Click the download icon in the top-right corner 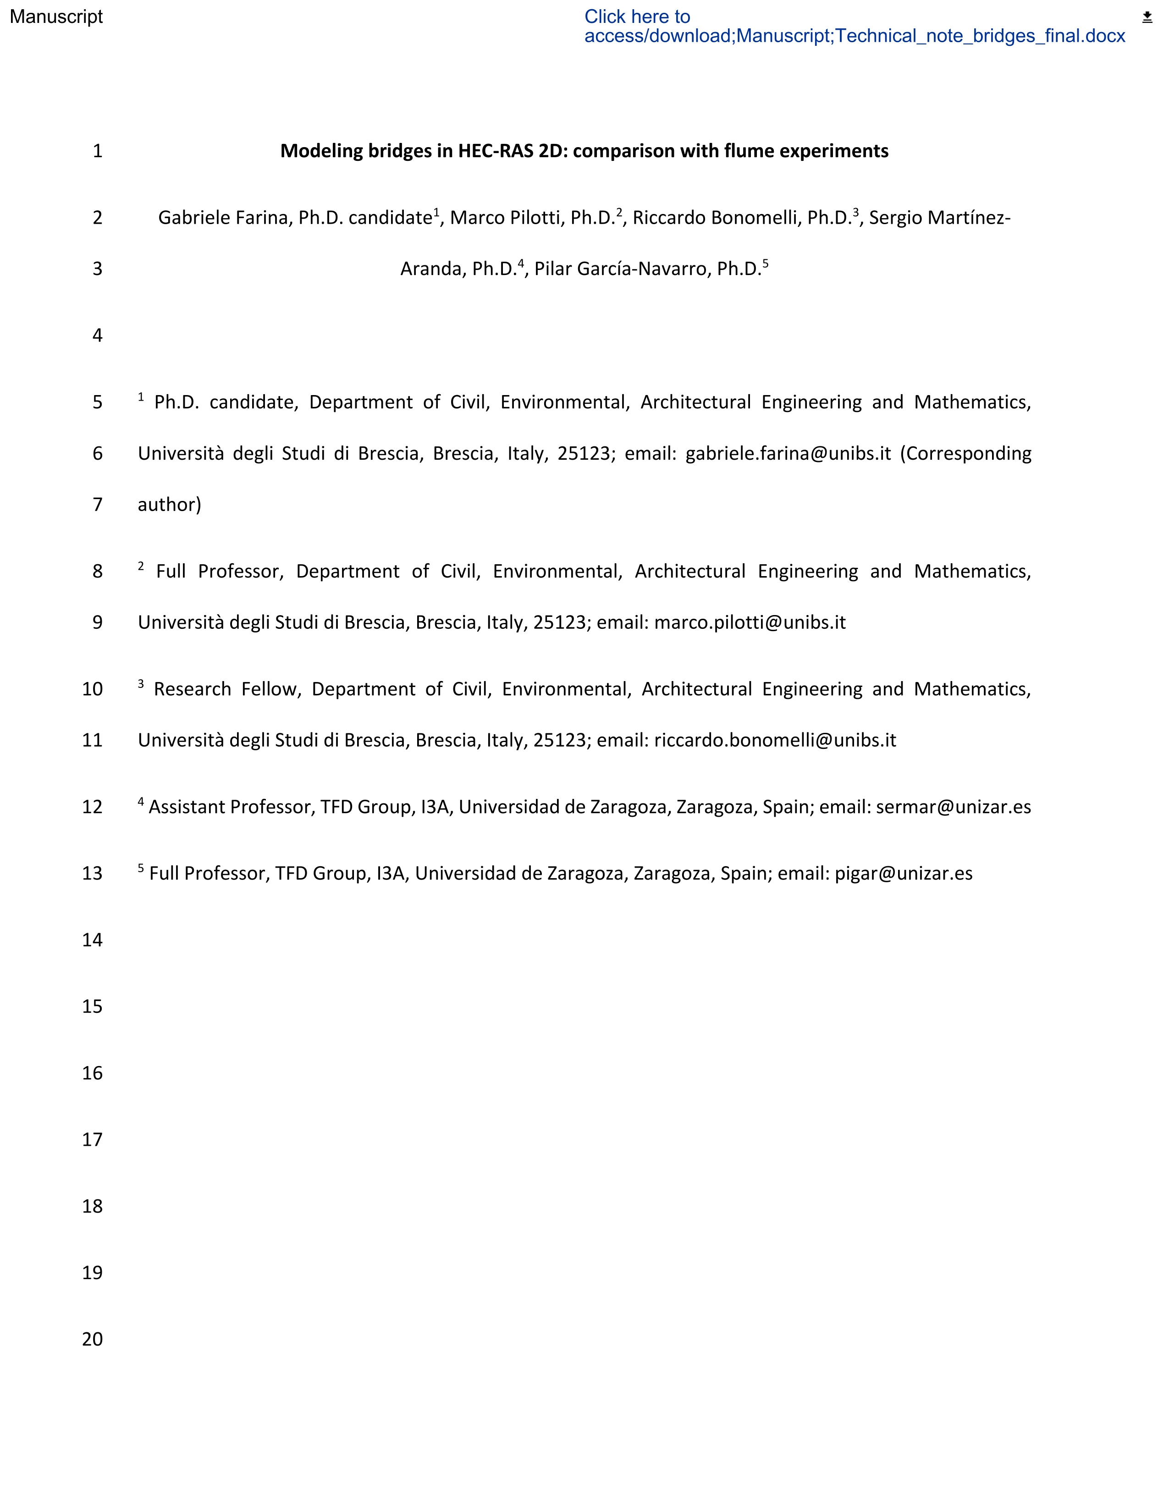point(1147,17)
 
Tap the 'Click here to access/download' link point(855,26)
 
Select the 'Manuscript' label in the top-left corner point(56,16)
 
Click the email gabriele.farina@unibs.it point(788,453)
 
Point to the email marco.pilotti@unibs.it point(750,622)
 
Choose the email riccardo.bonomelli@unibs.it point(775,740)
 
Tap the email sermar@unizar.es point(953,807)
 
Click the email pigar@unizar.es point(903,874)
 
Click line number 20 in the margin point(92,1339)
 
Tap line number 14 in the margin point(92,940)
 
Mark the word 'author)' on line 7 point(170,505)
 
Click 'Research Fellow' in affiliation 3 point(227,689)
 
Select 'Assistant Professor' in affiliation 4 point(232,807)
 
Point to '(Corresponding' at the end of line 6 point(965,453)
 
